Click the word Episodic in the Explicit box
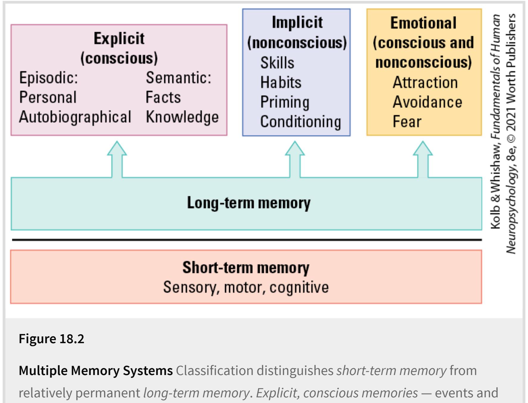pos(48,78)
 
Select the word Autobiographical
pos(75,117)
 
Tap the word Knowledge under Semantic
pos(182,117)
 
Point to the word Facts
pos(163,97)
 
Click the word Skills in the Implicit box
pos(277,63)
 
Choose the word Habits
pos(281,82)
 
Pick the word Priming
pos(285,102)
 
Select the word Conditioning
pos(301,122)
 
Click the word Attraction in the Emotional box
pos(425,82)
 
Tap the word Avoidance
pos(427,102)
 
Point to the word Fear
pos(407,122)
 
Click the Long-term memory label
pos(249,203)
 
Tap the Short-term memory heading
pos(246,268)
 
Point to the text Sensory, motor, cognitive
pos(246,288)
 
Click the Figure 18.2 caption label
pos(51,339)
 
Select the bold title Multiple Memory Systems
pos(96,371)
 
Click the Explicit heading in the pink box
pos(119,39)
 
